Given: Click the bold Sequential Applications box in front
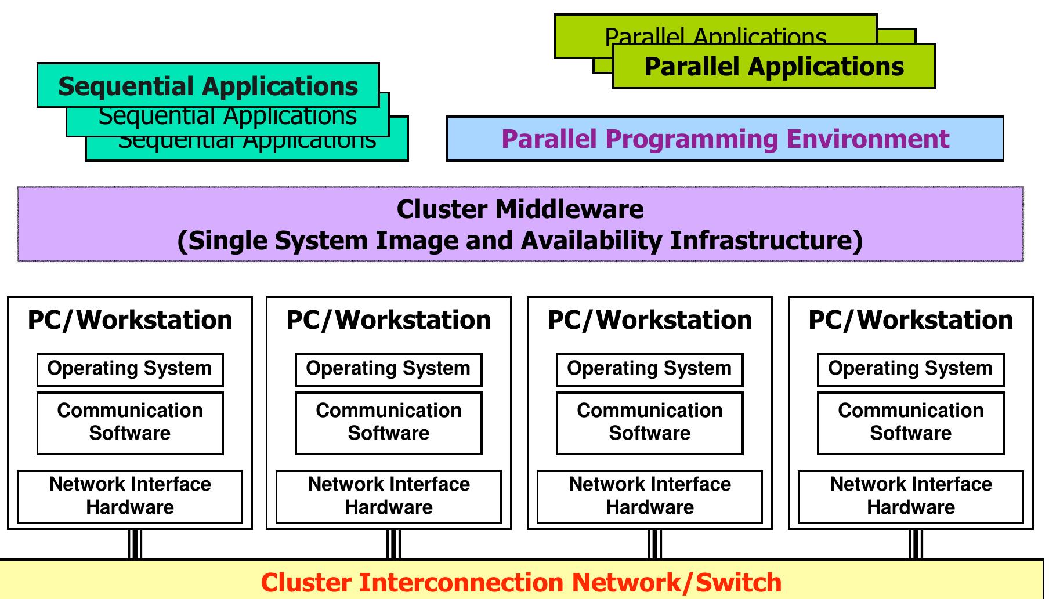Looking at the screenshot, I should tap(208, 85).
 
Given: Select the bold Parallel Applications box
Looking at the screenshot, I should tap(773, 66).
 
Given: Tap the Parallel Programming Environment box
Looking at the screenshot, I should tap(725, 139).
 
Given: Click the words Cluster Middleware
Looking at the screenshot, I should tap(520, 209).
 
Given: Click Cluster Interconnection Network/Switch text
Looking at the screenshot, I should tap(521, 582).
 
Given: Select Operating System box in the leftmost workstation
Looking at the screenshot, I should tap(130, 369).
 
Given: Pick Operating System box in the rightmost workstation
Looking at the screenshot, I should tap(910, 369).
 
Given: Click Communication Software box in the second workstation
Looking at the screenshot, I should tap(388, 423).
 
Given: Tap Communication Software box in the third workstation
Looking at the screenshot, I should tap(649, 423).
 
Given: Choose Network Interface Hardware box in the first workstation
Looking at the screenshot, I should tap(130, 496).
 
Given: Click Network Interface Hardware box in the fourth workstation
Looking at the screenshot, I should tap(910, 496).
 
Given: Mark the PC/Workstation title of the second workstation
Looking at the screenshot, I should tap(388, 320).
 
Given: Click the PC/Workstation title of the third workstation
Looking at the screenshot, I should tap(649, 320).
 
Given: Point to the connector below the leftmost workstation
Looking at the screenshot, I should tap(135, 544).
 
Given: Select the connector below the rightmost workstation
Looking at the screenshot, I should tap(916, 544).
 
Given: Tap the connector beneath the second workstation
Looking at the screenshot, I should tap(393, 544).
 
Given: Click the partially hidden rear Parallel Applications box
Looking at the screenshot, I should tap(714, 34).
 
